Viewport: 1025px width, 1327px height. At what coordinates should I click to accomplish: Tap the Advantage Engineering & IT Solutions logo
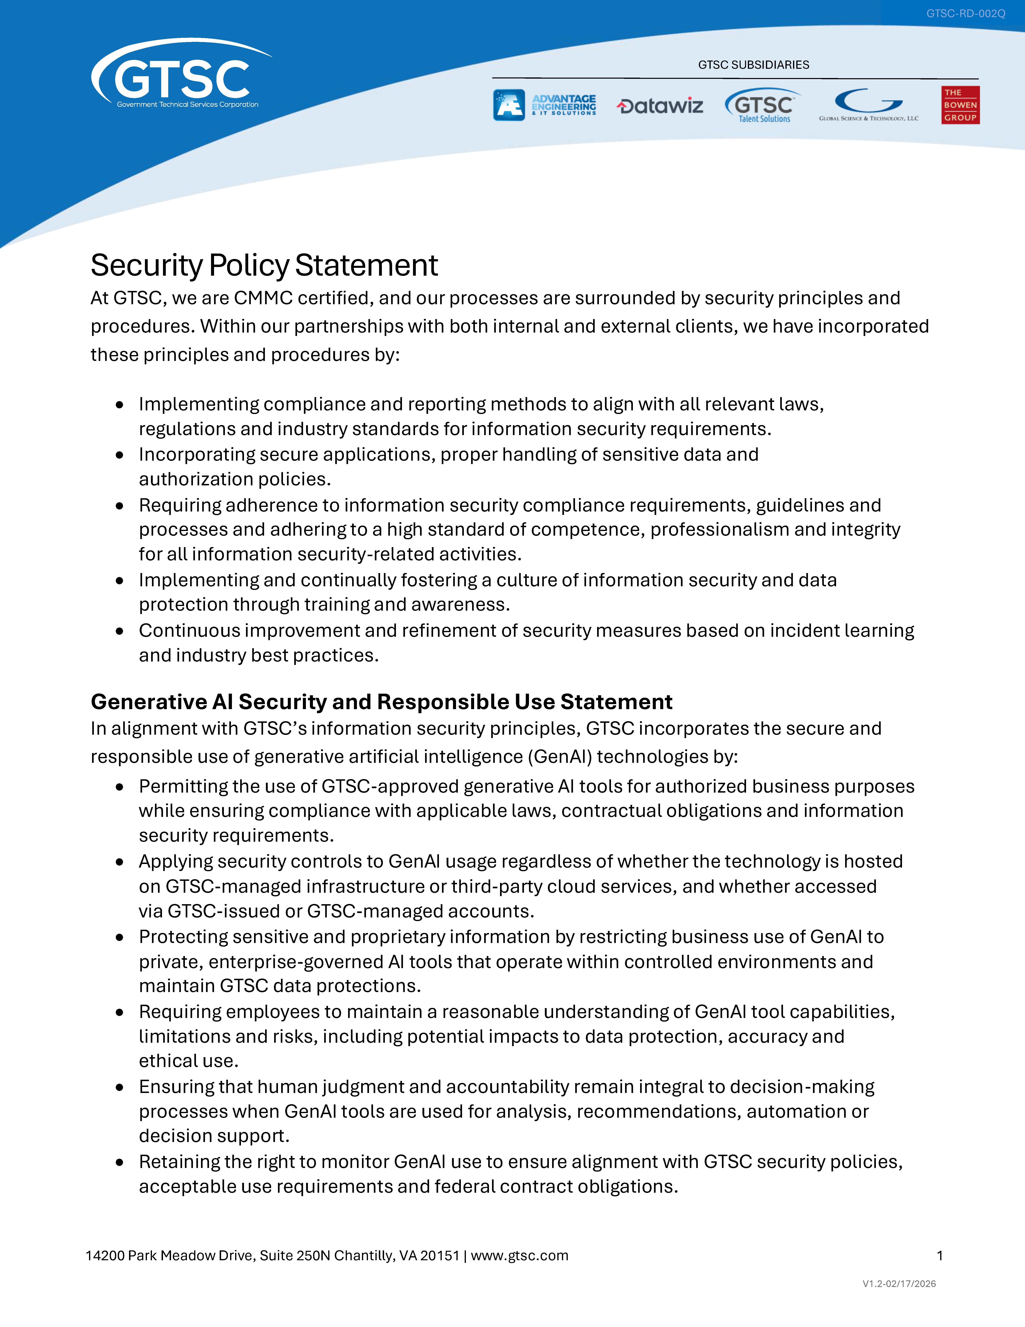(545, 105)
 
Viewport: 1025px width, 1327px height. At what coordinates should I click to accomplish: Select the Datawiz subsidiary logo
(660, 106)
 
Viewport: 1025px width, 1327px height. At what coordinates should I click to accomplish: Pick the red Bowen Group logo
(960, 105)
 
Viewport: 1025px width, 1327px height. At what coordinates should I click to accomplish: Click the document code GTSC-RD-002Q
(966, 13)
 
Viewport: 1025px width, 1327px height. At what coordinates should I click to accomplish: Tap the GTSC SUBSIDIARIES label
(753, 65)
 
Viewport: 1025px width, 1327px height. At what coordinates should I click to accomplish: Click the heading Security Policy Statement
(264, 266)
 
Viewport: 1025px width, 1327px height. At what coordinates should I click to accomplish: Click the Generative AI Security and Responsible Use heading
(381, 702)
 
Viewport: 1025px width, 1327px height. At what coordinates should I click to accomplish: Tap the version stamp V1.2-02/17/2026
(899, 1284)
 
